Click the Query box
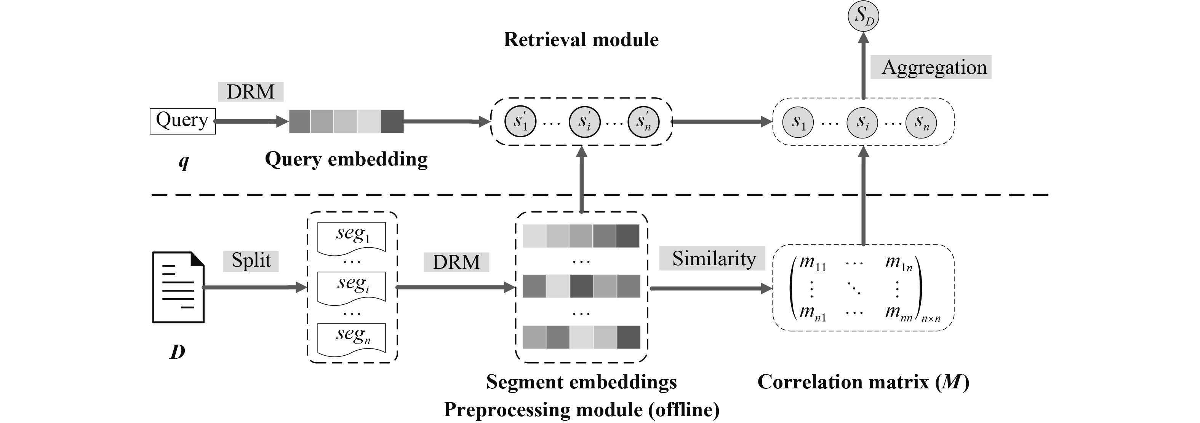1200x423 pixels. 182,121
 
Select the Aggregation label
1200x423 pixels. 930,67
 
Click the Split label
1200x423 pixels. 251,261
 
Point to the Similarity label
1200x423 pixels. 712,258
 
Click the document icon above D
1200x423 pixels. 178,287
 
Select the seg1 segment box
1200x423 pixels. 351,237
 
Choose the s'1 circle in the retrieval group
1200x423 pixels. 520,122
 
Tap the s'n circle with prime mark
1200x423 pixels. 643,122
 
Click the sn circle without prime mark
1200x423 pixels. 920,122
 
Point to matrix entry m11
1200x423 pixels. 813,263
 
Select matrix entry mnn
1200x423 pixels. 899,313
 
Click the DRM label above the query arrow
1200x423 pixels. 251,92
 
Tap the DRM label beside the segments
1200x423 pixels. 456,262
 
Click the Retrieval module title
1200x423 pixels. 581,40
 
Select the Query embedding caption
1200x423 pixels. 346,159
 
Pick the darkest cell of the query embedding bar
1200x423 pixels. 392,121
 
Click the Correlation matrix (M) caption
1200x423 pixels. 863,382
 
